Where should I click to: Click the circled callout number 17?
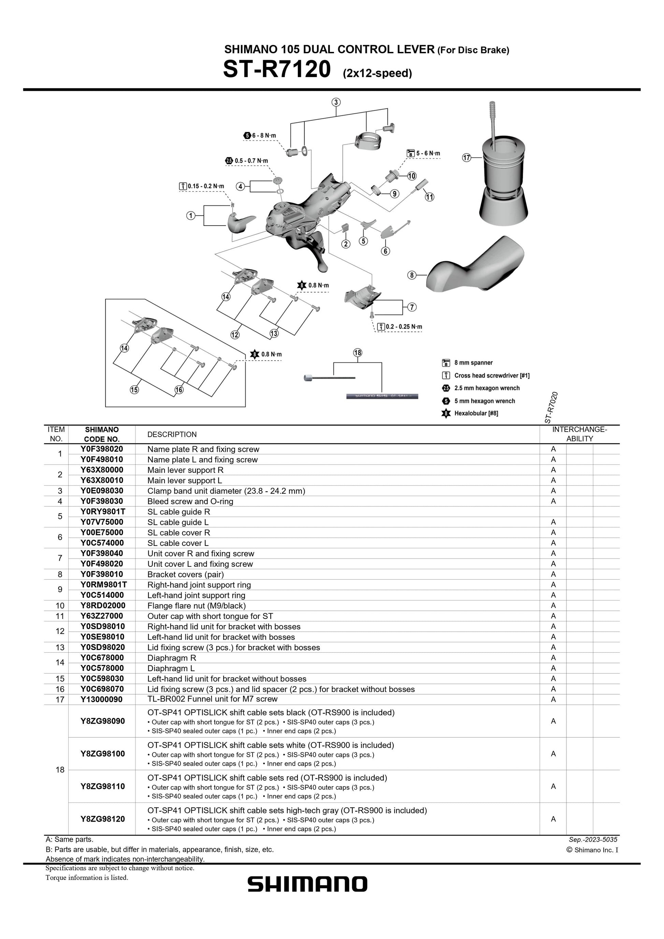466,157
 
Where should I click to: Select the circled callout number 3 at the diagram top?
336,102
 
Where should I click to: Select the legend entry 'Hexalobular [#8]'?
476,414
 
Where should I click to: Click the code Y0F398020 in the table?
102,449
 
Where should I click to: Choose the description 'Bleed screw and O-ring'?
190,501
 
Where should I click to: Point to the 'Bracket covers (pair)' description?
186,574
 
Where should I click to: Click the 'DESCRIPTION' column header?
172,434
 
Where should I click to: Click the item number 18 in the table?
60,770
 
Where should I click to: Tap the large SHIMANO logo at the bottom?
307,884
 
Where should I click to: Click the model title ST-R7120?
276,70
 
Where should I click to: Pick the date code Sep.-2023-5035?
593,840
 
